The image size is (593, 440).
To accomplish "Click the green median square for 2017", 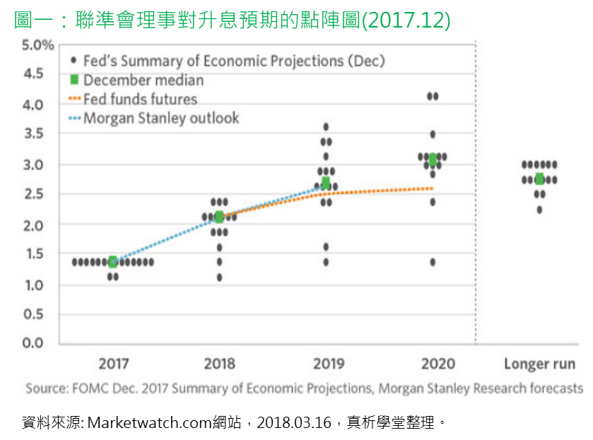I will tap(112, 262).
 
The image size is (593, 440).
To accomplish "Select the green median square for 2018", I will tap(219, 217).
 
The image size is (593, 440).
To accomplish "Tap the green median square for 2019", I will tap(326, 183).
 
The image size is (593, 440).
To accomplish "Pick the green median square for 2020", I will tap(433, 160).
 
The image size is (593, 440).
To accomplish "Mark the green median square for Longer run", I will tap(539, 179).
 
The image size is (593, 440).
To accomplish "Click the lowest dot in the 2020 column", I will tap(433, 262).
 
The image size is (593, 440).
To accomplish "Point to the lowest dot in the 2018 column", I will tap(219, 277).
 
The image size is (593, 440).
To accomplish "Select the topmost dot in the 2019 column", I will tap(326, 126).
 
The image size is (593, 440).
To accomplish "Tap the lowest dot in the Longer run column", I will tap(539, 210).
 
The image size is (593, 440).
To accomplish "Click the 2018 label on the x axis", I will tap(219, 364).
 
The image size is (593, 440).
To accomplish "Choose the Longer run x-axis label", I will tap(539, 364).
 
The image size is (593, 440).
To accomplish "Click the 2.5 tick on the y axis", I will tap(31, 195).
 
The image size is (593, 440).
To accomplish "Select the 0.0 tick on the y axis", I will tap(31, 343).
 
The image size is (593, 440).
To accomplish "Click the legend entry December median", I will tap(143, 81).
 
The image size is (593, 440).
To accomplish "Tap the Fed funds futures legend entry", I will tap(140, 100).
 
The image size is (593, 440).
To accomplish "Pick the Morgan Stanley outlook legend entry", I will tap(161, 118).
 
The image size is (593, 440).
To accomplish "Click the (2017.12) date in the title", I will tap(406, 20).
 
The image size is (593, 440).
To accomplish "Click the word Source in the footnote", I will tap(45, 388).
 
